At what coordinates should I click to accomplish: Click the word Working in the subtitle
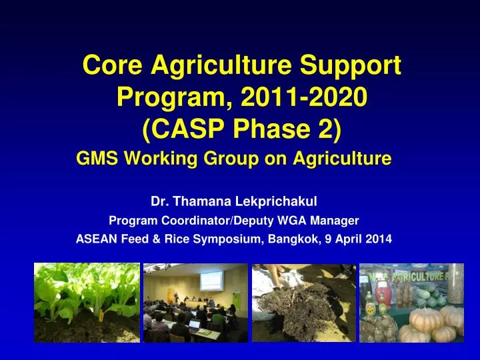(x=157, y=159)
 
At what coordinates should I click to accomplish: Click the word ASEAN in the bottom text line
(x=95, y=241)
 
